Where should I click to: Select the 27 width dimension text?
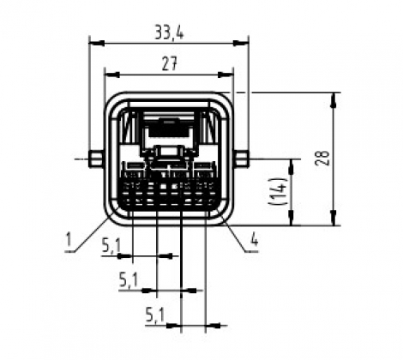(x=168, y=63)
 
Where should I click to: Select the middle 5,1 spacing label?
(x=129, y=279)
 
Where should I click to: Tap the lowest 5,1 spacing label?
(x=155, y=315)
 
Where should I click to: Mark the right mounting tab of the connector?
(x=242, y=159)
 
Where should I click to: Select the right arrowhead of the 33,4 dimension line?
(x=243, y=43)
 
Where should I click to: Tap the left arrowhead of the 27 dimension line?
(x=108, y=74)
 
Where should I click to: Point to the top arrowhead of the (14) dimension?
(x=294, y=164)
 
